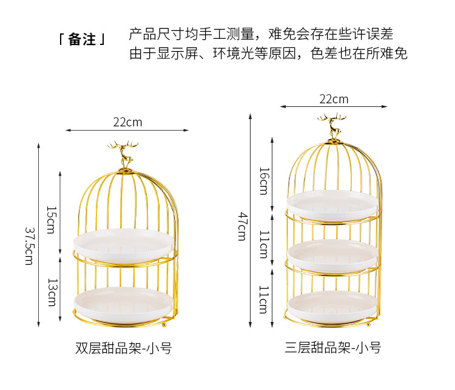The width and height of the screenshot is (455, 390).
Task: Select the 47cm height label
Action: click(x=242, y=226)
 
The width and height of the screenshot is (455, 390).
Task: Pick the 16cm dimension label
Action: click(x=263, y=181)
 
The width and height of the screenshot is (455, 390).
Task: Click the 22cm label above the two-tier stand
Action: click(x=127, y=121)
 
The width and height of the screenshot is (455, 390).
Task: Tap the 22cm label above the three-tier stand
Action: click(x=334, y=98)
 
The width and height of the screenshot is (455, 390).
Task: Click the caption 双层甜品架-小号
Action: click(x=123, y=348)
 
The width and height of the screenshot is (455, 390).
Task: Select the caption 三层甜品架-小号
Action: click(x=332, y=348)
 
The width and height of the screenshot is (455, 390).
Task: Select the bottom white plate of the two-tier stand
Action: click(x=126, y=301)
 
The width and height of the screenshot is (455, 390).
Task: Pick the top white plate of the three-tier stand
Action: click(x=332, y=203)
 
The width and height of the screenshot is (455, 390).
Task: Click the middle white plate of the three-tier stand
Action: click(x=332, y=254)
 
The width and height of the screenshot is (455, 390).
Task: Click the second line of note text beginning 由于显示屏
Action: click(x=268, y=53)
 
